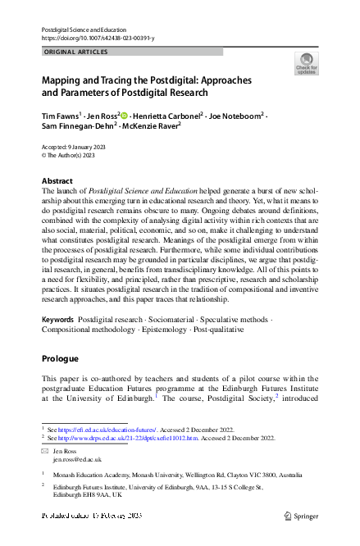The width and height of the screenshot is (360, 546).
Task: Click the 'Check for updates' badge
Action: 307,63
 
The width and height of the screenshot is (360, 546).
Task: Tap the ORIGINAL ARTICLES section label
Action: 75,52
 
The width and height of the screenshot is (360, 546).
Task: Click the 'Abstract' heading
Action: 57,180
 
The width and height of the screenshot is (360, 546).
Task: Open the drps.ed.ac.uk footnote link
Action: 122,439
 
